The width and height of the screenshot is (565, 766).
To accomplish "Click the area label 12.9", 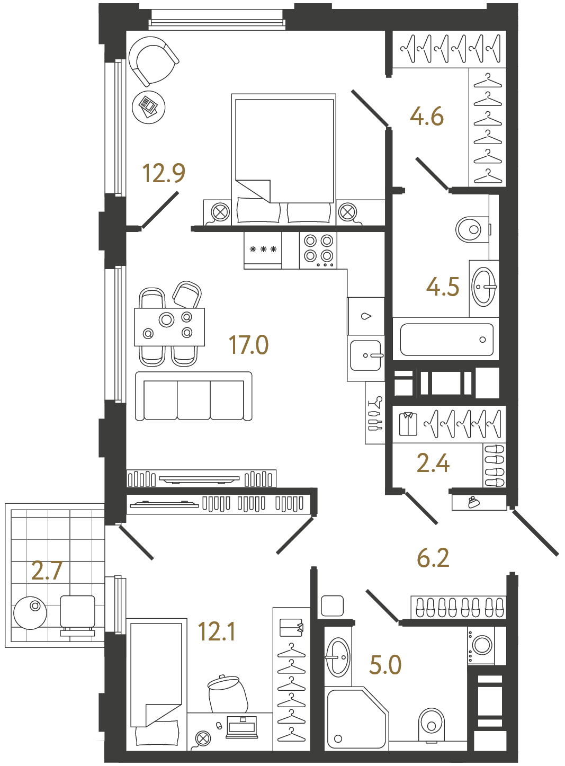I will pos(164,173).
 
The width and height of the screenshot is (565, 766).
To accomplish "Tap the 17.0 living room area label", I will pos(248,345).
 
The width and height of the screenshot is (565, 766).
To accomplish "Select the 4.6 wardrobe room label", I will pos(427,117).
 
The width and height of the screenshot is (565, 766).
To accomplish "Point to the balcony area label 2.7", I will pos(47,571).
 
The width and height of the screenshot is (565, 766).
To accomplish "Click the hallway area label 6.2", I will pos(433,558).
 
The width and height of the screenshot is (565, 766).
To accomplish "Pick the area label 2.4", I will pos(433,463).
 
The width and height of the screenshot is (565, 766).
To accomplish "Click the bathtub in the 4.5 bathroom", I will pos(446,340).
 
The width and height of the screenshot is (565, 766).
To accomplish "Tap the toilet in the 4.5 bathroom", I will pos(471,229).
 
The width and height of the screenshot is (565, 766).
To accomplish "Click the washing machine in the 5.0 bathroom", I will pos(481,645).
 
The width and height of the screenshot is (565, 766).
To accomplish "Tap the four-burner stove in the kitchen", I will pos(318,250).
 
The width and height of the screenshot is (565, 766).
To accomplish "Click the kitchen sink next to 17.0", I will pos(365,355).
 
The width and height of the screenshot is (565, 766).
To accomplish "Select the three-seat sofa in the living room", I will pos(194,396).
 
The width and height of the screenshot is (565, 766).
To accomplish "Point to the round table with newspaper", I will pos(148,107).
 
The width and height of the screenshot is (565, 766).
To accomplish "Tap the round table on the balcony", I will pos(30,613).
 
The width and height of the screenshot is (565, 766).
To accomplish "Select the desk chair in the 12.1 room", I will pos(228,694).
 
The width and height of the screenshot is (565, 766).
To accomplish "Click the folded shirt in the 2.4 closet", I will pos(408,424).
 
